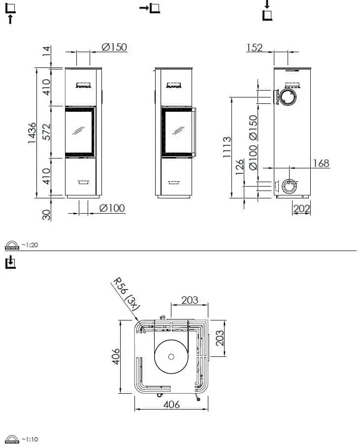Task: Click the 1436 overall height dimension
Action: (32, 132)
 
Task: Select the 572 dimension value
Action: (46, 132)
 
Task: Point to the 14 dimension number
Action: (46, 51)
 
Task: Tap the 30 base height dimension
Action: (46, 214)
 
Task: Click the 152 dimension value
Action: (254, 48)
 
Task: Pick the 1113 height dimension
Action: (227, 147)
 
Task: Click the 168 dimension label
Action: (321, 163)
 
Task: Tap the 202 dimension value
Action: (301, 209)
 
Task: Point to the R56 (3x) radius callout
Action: (127, 293)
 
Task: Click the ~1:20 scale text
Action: (29, 245)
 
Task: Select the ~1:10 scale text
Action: (29, 439)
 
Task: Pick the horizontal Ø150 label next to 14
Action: (114, 47)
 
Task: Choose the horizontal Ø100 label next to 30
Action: (112, 208)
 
